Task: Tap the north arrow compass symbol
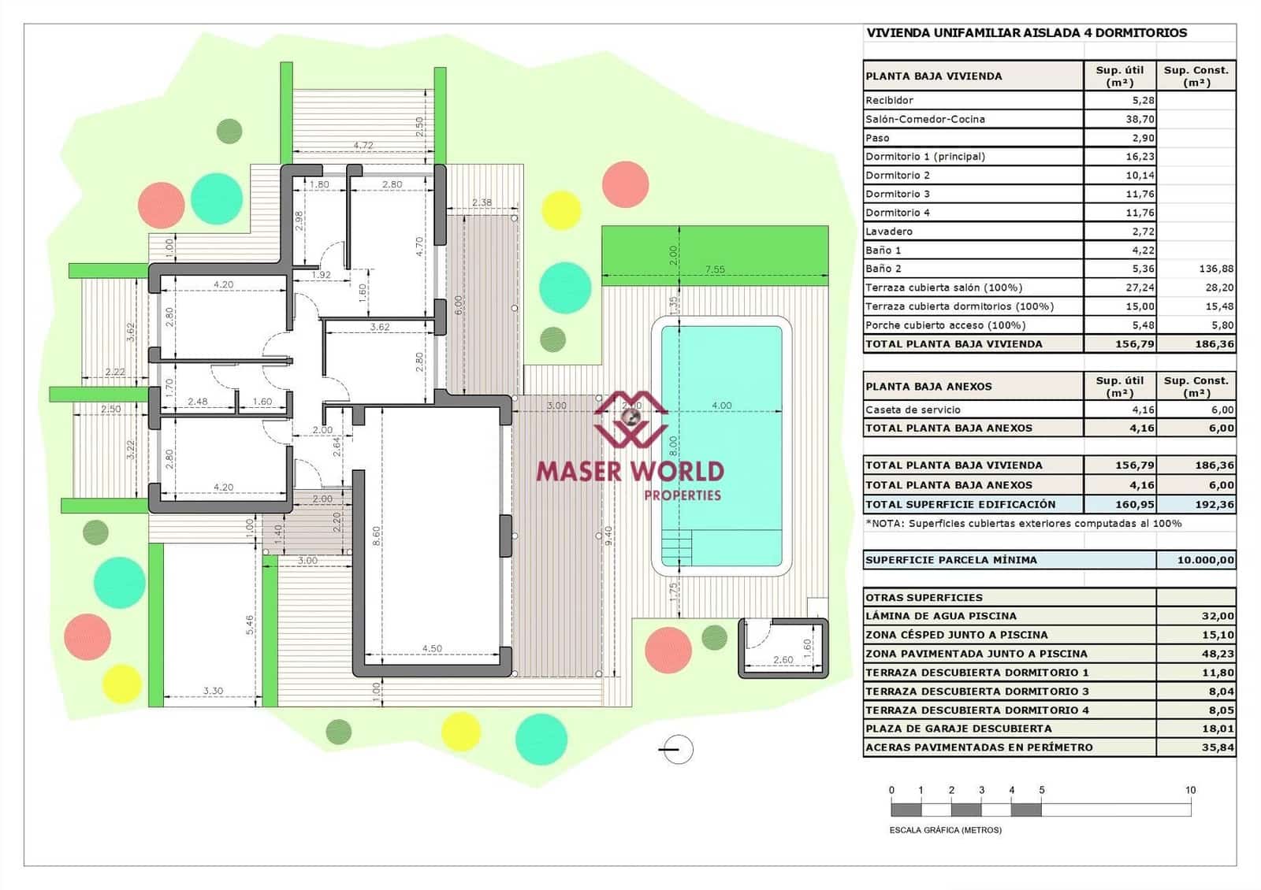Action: (x=676, y=750)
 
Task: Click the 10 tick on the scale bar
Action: (x=1190, y=790)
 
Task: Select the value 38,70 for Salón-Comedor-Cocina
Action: (x=1140, y=119)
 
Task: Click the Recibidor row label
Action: (x=889, y=100)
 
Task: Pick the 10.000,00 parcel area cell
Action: (x=1205, y=560)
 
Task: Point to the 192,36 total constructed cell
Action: (x=1215, y=504)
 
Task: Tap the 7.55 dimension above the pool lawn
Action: (x=714, y=269)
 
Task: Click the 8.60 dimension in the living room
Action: (x=377, y=536)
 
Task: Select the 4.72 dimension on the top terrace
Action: (x=363, y=145)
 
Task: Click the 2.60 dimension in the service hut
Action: (x=783, y=660)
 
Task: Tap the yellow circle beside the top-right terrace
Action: (x=561, y=210)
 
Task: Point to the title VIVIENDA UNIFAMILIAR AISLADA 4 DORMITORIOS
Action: (x=1026, y=33)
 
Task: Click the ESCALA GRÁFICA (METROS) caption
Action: (x=945, y=830)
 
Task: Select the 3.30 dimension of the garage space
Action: (x=213, y=691)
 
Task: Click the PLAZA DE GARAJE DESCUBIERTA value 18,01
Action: (x=1217, y=729)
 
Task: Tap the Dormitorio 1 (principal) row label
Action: (x=924, y=156)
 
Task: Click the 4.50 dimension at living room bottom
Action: (x=432, y=649)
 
